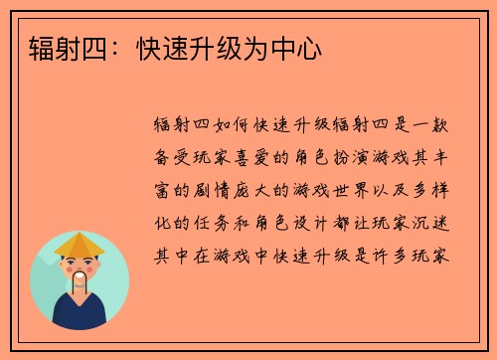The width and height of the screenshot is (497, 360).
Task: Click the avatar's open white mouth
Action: [80, 274]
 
